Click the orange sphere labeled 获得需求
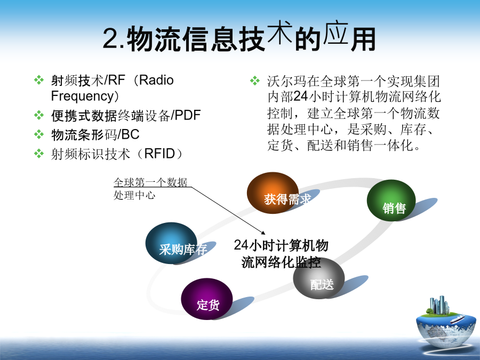[273, 193]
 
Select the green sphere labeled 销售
[391, 200]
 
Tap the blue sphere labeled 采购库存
[171, 243]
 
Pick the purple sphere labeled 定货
[206, 299]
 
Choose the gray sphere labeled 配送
[319, 278]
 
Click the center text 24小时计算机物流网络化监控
[281, 253]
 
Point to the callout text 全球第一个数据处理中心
[150, 189]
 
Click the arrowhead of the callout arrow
[263, 233]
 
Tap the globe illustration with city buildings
[446, 322]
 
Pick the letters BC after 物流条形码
[131, 134]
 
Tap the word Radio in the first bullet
[156, 80]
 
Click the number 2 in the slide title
[110, 38]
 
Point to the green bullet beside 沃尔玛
[255, 81]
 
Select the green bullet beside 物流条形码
[39, 134]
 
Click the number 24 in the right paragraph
[300, 97]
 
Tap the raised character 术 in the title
[280, 32]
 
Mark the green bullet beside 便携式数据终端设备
[39, 115]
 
